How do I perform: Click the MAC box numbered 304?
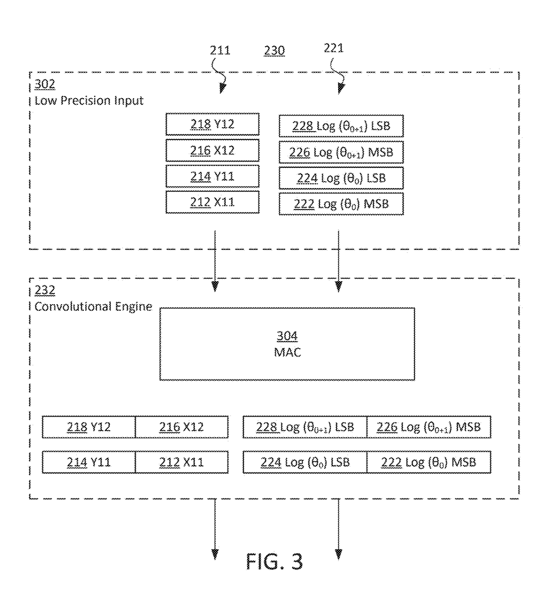coord(287,344)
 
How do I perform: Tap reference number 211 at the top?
coord(220,50)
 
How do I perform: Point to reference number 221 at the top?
coord(333,48)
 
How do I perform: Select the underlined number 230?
coord(274,51)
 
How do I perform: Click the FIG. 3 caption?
coord(275,561)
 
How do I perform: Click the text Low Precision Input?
coord(89,101)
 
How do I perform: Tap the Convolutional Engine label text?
coord(93,307)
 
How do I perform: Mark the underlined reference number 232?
coord(45,290)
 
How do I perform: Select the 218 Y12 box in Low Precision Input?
coord(212,125)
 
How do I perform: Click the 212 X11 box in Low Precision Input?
coord(212,202)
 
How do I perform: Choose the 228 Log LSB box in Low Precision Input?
coord(341,126)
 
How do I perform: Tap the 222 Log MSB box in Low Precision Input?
coord(341,204)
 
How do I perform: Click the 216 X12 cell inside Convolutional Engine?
coord(181,427)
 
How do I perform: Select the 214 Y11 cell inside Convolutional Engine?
coord(88,462)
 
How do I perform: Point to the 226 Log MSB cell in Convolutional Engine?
coord(428,427)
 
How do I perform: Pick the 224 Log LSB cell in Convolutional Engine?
coord(305,462)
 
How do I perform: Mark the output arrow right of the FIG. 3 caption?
coord(339,529)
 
